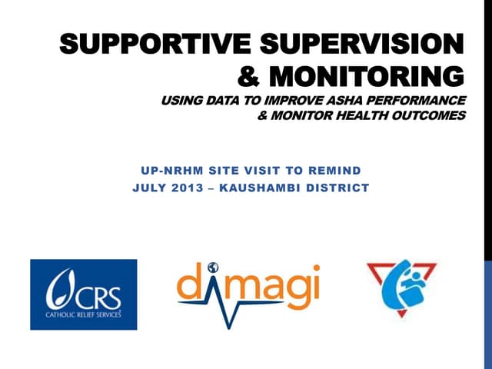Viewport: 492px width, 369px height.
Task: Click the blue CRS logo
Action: click(83, 294)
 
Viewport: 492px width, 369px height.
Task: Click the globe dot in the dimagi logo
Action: click(212, 266)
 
